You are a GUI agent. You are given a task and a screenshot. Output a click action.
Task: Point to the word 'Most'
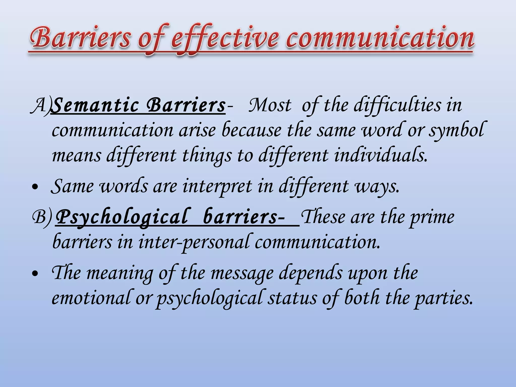point(270,105)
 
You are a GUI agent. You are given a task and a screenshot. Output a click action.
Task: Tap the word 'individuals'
point(380,155)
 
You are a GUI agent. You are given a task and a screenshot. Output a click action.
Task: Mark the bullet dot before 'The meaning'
point(36,274)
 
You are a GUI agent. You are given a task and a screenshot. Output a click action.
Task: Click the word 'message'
point(242,273)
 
